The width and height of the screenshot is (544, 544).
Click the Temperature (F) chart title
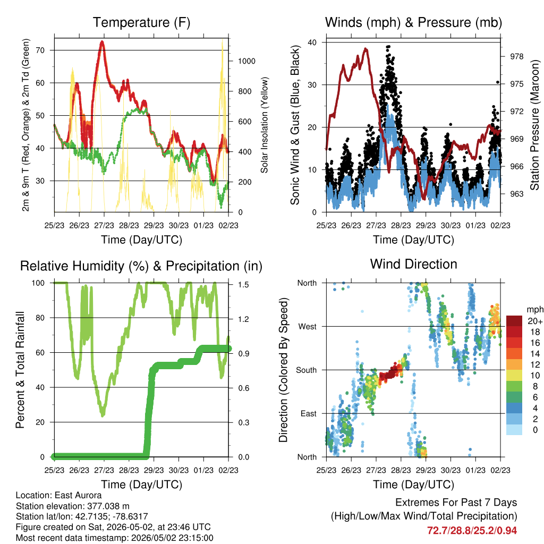click(141, 22)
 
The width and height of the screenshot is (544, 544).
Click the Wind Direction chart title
click(413, 264)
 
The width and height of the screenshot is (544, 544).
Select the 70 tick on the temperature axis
click(40, 50)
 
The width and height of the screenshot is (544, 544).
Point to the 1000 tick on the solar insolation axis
click(246, 61)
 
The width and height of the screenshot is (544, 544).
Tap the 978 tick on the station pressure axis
click(516, 56)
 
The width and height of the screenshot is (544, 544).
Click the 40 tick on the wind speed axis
click(312, 42)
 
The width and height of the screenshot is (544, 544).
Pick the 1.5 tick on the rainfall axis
click(243, 285)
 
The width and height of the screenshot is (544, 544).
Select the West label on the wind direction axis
click(307, 327)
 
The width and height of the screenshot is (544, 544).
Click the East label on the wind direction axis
click(309, 413)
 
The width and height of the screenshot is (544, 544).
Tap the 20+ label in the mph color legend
click(535, 321)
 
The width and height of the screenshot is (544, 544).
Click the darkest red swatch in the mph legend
click(514, 321)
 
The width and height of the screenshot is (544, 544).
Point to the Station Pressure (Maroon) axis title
click(534, 125)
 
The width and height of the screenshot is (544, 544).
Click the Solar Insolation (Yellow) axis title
click(265, 125)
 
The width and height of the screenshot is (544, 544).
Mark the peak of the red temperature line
click(101, 41)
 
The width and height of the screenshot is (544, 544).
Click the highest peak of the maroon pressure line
click(365, 49)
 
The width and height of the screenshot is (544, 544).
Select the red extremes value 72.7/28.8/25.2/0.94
click(472, 531)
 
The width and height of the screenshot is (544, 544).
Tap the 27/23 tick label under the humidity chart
click(104, 470)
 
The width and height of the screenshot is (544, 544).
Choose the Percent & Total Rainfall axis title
click(20, 370)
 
